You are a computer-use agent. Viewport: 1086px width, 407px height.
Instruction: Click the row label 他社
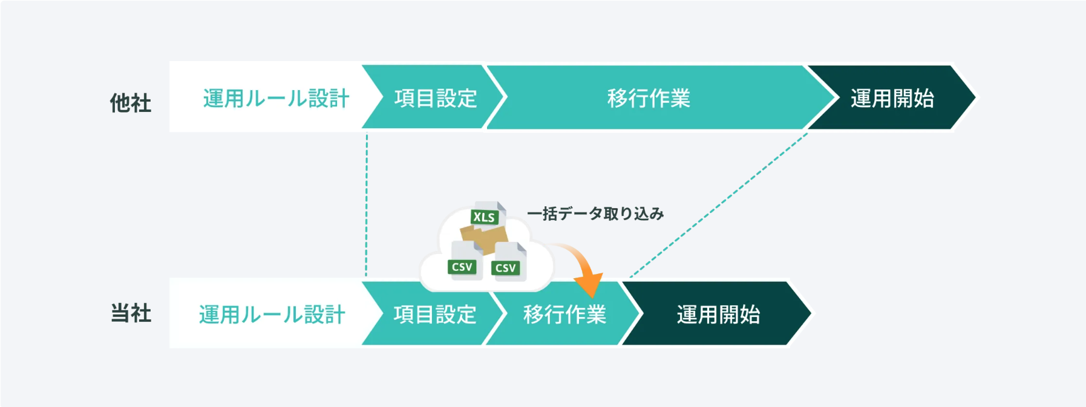130,103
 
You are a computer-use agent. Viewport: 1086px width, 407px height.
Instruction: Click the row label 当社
131,313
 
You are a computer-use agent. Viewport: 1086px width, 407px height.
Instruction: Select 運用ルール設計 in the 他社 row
276,98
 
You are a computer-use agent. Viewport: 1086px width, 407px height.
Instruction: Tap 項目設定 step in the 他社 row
436,98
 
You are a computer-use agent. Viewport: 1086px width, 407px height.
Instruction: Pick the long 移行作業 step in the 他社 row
649,98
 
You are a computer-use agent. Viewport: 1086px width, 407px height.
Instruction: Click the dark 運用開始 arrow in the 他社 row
892,98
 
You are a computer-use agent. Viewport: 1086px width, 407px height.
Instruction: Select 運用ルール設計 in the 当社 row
272,314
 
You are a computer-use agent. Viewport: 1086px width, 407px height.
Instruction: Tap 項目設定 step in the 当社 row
435,314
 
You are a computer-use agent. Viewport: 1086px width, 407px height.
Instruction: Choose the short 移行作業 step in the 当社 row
564,314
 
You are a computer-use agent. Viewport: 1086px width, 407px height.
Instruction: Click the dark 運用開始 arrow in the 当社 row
718,314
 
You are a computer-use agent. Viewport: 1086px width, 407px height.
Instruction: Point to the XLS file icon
485,215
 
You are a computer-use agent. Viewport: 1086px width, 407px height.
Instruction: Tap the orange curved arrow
581,266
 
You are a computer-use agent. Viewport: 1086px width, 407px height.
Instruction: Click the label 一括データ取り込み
595,213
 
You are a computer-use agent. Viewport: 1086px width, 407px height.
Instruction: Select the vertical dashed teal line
367,206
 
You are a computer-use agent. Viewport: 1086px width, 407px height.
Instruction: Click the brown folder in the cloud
484,238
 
